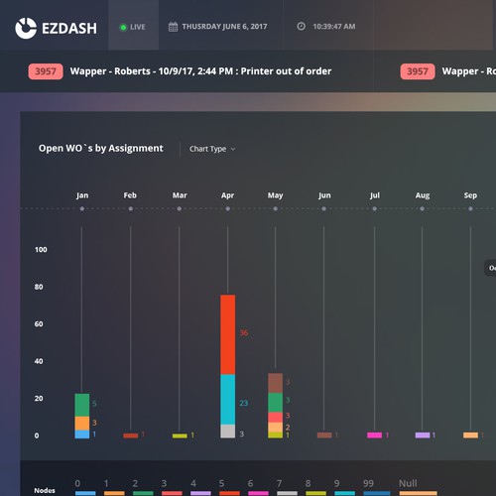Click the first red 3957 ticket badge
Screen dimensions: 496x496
46,71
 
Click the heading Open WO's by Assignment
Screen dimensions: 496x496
100,149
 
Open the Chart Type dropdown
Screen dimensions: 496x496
212,150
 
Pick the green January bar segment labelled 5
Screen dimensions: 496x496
82,405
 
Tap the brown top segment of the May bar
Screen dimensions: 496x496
275,383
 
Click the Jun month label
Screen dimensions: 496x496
324,196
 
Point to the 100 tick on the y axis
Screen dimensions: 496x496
41,250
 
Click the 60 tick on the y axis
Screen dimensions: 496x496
41,324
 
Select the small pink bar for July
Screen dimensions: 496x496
374,434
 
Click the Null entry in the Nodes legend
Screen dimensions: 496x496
408,484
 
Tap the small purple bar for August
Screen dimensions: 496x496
423,434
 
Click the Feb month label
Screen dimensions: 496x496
130,196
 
